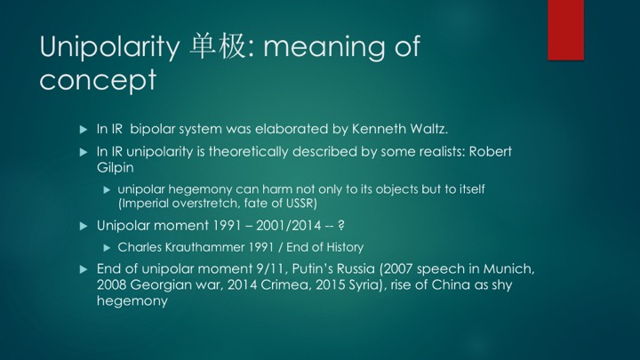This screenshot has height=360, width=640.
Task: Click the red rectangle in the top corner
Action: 565,30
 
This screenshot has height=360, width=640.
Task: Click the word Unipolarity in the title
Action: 109,47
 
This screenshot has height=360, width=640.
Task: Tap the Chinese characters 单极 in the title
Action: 218,45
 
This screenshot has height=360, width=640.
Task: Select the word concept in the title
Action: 98,80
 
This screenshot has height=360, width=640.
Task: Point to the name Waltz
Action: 428,129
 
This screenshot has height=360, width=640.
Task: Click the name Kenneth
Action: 379,129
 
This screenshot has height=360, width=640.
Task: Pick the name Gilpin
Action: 115,167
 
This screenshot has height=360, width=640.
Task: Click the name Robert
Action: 490,151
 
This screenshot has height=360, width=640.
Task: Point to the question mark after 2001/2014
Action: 341,225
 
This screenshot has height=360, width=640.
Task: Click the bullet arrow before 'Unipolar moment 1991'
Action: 84,226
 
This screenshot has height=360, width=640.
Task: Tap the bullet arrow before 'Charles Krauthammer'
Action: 107,248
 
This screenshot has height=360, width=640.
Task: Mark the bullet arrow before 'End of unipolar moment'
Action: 84,269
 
